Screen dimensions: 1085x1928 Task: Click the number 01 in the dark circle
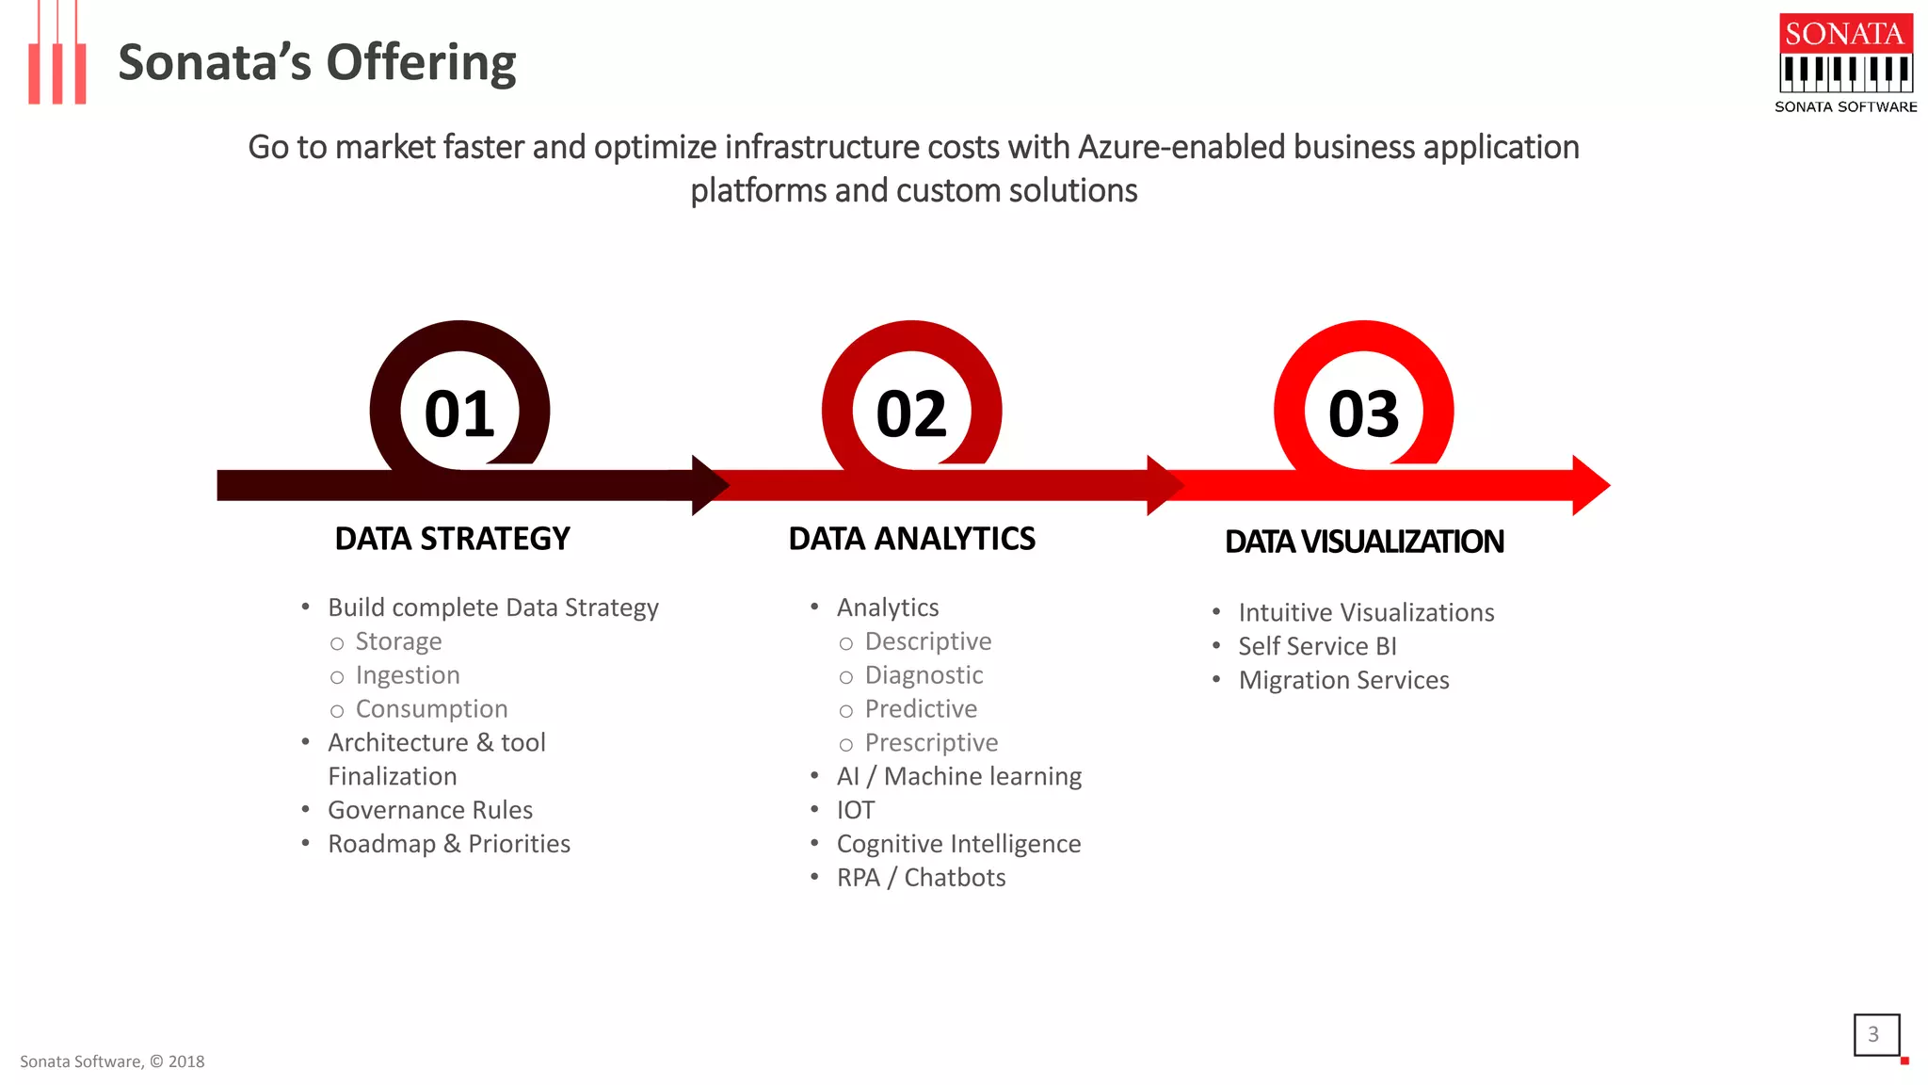459,413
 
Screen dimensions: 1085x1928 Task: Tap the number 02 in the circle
911,413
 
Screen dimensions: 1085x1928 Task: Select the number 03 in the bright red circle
1363,413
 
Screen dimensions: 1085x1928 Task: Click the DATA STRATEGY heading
452,539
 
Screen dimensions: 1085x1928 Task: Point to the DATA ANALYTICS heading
911,539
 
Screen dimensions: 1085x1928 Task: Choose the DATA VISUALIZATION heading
1364,542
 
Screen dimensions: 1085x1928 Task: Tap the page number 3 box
1875,1034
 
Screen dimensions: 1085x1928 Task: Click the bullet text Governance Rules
429,810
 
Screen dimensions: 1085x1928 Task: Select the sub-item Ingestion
407,675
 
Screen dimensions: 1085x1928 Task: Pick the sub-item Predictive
920,709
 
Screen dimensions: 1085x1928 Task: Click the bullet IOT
855,810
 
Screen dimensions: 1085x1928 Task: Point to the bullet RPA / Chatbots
920,878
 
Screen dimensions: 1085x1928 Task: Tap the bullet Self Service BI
1316,646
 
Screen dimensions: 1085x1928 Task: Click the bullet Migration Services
1342,680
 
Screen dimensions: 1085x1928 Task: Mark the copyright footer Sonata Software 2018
112,1061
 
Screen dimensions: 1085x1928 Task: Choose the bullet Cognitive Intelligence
957,844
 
